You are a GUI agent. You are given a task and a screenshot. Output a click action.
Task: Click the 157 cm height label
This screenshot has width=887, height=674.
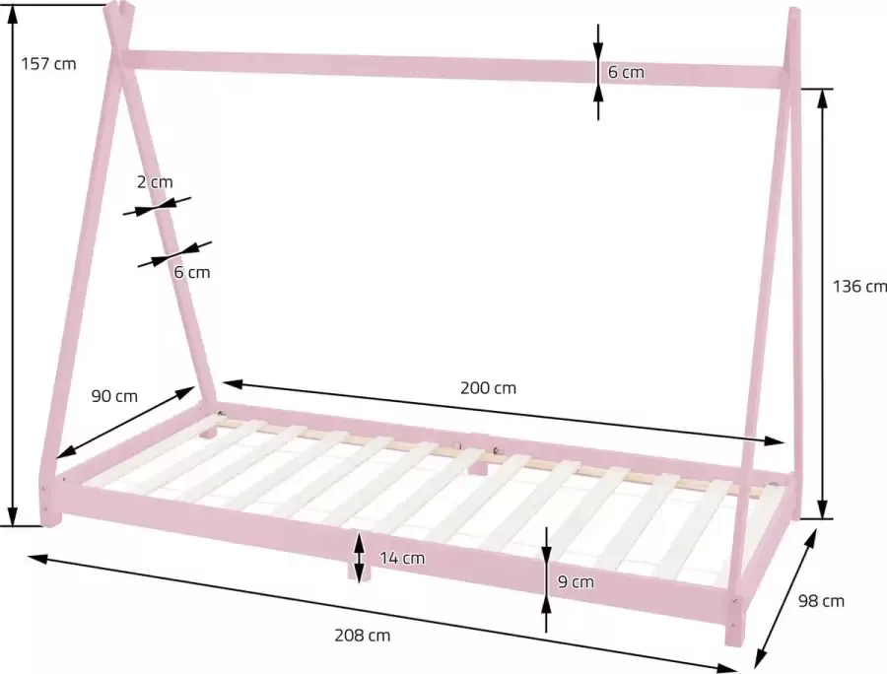point(47,64)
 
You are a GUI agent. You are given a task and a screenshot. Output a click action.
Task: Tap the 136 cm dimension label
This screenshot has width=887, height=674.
point(859,287)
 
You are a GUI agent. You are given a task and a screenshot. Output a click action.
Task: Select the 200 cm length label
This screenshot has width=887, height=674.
point(488,387)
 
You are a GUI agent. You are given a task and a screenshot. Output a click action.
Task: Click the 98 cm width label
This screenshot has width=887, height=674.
point(820,600)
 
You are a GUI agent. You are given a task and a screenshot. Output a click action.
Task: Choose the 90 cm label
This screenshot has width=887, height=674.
point(114,396)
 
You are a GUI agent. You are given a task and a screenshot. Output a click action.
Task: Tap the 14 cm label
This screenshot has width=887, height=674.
point(402,558)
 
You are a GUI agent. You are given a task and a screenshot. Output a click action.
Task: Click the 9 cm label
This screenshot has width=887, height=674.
point(576,581)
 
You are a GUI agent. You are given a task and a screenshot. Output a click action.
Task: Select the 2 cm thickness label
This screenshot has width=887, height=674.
point(155,181)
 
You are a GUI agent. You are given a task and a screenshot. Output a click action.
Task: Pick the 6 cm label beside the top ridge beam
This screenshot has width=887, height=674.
point(626,72)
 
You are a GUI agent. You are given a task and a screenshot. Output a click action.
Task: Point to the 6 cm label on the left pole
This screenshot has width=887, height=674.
point(191,272)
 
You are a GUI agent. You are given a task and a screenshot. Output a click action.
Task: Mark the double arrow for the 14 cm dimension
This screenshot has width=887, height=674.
point(359,557)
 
